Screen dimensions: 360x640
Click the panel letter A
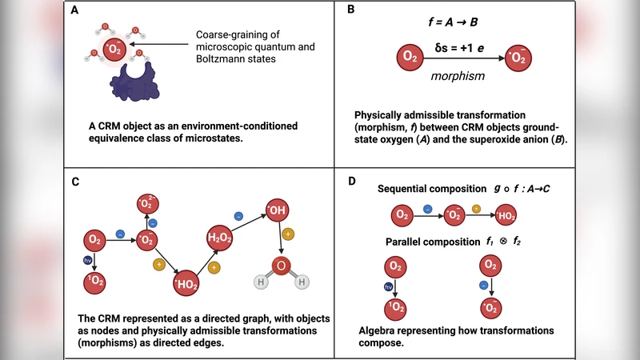pos(74,11)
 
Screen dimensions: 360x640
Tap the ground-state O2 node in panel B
pos(410,58)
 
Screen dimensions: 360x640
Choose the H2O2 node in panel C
pos(221,238)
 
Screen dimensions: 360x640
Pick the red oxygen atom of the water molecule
pos(282,265)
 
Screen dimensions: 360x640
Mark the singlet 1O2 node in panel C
pos(96,282)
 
